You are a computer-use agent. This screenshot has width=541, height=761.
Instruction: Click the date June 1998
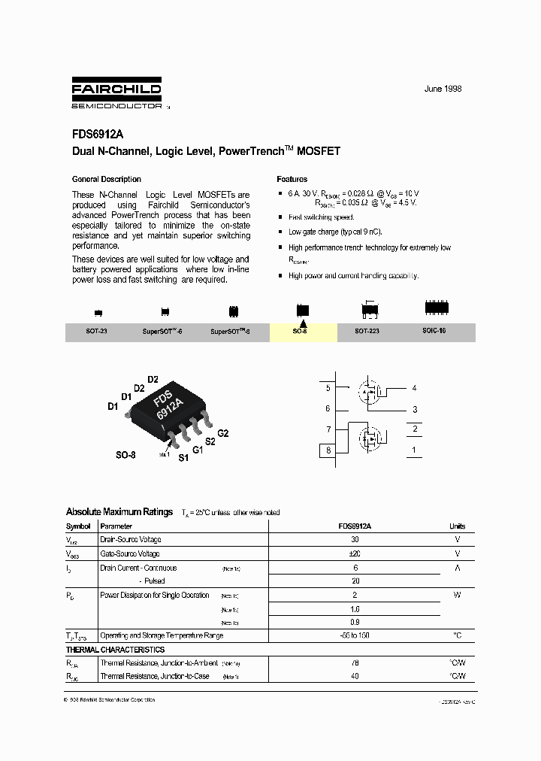click(443, 89)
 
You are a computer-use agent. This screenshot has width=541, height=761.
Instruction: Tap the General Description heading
click(106, 179)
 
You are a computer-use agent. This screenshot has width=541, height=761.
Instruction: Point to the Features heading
click(292, 179)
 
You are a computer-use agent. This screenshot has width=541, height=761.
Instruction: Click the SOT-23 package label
click(96, 331)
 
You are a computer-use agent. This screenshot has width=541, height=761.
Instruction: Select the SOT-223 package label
click(367, 331)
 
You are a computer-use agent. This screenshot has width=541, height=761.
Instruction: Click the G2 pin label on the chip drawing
click(222, 433)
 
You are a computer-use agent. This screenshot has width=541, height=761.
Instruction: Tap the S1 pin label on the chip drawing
click(183, 458)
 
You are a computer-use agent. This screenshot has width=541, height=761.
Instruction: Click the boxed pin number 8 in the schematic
click(328, 450)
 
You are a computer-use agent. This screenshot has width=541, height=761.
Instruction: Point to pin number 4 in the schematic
click(414, 388)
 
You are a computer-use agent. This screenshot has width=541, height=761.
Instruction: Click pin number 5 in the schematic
click(328, 388)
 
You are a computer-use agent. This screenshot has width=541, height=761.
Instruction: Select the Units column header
click(457, 526)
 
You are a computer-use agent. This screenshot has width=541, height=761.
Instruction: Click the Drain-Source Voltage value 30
click(355, 540)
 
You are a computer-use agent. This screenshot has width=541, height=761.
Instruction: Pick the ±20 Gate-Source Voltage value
click(355, 553)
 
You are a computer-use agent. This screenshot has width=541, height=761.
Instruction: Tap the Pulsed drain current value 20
click(355, 581)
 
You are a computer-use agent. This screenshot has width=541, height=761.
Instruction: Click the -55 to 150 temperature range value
click(355, 635)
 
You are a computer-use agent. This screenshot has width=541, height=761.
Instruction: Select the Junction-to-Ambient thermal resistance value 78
click(355, 663)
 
